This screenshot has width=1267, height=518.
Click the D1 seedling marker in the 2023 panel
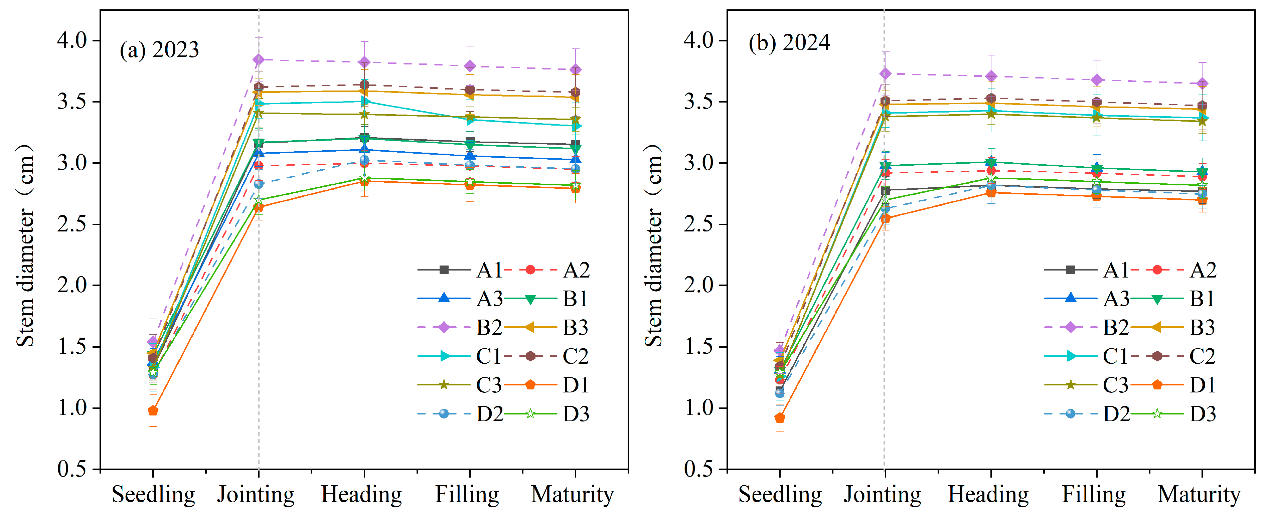153,410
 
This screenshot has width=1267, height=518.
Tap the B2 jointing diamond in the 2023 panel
259,59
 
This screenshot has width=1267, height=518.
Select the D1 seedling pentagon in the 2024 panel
780,418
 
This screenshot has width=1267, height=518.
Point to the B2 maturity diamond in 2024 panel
1202,83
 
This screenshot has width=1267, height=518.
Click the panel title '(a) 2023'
159,50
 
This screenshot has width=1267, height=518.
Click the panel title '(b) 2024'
789,43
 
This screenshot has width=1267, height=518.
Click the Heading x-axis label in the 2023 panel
361,494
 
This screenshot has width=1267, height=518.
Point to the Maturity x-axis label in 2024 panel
1199,494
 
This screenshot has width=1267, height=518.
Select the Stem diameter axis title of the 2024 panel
654,246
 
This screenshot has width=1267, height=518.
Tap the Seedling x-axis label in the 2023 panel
153,494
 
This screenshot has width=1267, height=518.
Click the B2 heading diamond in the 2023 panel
364,62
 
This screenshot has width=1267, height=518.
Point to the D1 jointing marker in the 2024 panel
885,218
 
